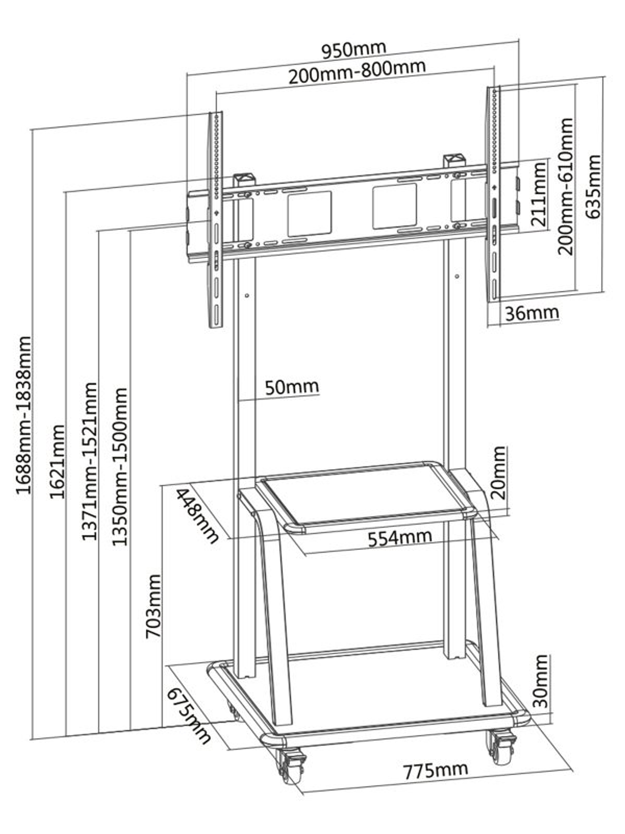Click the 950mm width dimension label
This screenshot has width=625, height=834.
click(354, 50)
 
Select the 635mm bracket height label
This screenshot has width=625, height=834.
click(593, 187)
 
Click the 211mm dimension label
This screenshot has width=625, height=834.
click(539, 193)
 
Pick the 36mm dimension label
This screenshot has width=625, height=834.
click(531, 313)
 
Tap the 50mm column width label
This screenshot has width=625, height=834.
click(292, 387)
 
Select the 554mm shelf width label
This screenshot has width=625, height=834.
click(400, 537)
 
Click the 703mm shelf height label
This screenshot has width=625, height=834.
click(153, 606)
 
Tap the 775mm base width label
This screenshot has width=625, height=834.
click(436, 770)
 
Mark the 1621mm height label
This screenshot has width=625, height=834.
click(57, 461)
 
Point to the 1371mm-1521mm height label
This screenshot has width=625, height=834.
click(89, 461)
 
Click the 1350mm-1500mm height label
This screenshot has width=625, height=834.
click(120, 466)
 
